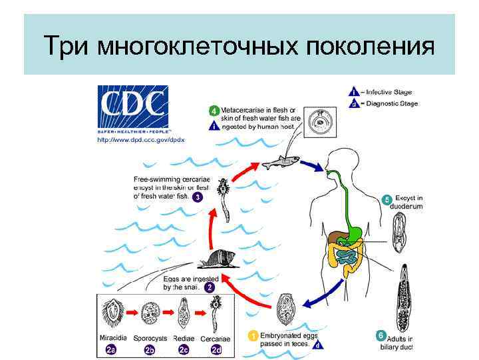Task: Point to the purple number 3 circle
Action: point(197,197)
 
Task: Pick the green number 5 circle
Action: point(387,199)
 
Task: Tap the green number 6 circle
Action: point(381,335)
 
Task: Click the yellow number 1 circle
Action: point(253,336)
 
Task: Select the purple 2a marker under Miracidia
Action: point(111,349)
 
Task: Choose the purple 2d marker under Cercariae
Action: point(216,349)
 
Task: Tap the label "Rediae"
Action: point(184,339)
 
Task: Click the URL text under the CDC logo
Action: point(141,139)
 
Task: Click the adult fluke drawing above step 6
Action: point(406,297)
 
